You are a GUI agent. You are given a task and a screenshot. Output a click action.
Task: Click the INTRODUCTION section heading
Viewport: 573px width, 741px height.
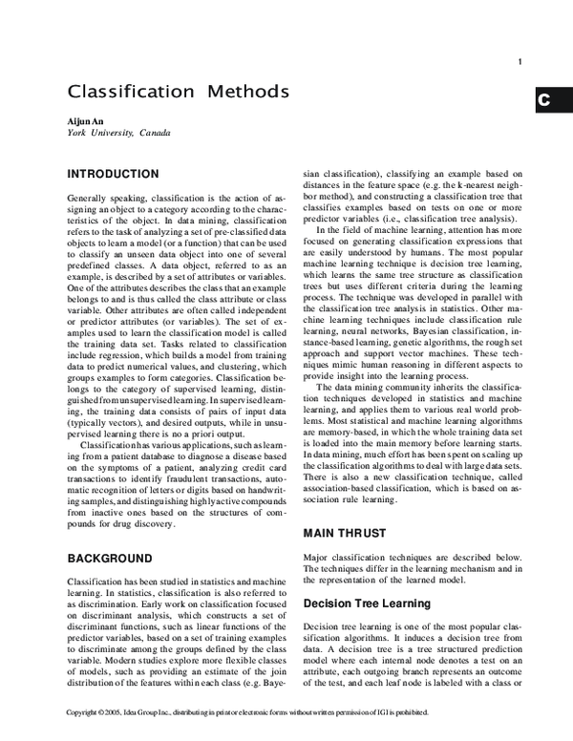click(x=113, y=174)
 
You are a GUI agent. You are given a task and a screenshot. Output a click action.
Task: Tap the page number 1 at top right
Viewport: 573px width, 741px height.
click(x=520, y=64)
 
